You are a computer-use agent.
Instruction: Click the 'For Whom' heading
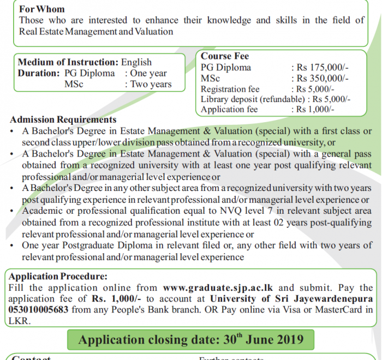41,9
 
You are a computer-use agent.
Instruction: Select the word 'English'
136,62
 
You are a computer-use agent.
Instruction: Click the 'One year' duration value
148,73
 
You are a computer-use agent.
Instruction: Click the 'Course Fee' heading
225,56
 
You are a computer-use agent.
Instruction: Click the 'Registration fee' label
230,89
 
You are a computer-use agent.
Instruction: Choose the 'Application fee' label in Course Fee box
229,109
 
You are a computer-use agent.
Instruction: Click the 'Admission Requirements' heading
63,119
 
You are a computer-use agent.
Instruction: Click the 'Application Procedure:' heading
58,277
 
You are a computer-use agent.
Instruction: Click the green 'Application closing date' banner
190,339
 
